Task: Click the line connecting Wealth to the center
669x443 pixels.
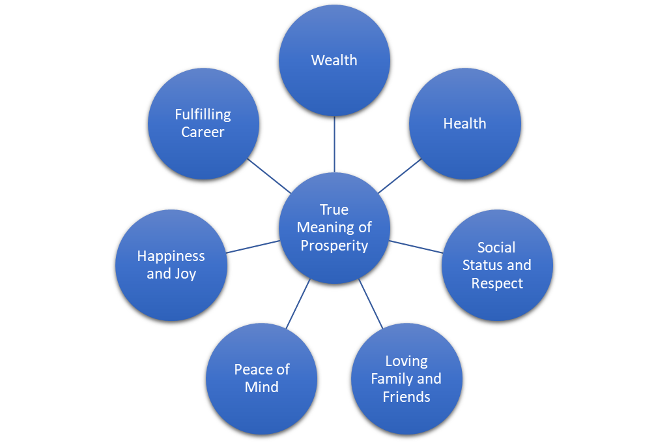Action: click(x=334, y=144)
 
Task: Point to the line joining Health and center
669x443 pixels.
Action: click(x=399, y=176)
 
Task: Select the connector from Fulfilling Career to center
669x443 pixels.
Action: click(x=268, y=176)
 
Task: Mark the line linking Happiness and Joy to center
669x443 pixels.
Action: click(x=253, y=247)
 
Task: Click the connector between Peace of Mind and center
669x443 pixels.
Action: click(x=298, y=303)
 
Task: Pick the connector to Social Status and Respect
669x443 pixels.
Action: click(x=416, y=247)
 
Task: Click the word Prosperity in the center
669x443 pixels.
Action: click(x=334, y=245)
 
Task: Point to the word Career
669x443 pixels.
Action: click(x=203, y=132)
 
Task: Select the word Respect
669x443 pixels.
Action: click(x=497, y=283)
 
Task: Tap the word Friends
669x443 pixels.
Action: click(x=406, y=396)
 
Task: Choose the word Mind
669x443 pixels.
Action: click(x=261, y=387)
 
